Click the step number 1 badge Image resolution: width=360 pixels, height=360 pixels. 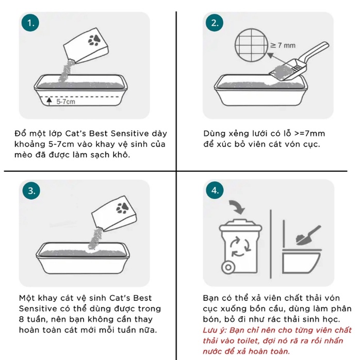pyautogui.click(x=30, y=23)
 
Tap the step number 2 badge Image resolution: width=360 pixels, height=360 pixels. pyautogui.click(x=215, y=23)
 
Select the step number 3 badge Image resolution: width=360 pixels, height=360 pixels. pyautogui.click(x=31, y=191)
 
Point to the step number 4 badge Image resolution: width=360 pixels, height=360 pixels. pyautogui.click(x=215, y=190)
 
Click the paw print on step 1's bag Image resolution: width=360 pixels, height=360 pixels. pyautogui.click(x=94, y=40)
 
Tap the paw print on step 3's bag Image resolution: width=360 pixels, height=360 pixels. pyautogui.click(x=122, y=208)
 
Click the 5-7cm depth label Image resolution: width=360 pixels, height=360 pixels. pyautogui.click(x=66, y=102)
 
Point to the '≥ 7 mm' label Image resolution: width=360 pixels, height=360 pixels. pyautogui.click(x=283, y=45)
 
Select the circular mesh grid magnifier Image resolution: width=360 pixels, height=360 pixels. pyautogui.click(x=252, y=45)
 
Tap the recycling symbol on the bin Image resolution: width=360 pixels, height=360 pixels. pyautogui.click(x=240, y=247)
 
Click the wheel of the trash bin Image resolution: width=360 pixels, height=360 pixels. pyautogui.click(x=228, y=267)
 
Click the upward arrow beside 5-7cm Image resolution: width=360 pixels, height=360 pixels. pyautogui.click(x=49, y=101)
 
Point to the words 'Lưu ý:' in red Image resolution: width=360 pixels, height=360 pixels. pyautogui.click(x=215, y=330)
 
